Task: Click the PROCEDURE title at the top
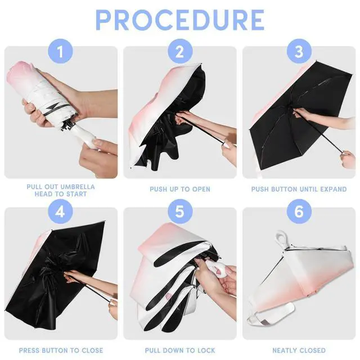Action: pos(180,20)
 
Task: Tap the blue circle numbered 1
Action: pos(60,51)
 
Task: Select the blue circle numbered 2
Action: pos(180,51)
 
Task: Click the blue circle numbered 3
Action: pos(299,51)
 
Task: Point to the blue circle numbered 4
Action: pos(60,211)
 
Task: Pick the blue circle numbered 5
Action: pos(180,211)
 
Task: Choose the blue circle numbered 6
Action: pos(299,211)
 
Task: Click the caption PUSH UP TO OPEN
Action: pos(180,189)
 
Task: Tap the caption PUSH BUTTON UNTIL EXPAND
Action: pos(299,189)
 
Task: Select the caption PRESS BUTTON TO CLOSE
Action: pos(61,350)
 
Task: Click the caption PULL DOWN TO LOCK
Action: pos(180,350)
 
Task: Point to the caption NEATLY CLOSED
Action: pos(299,350)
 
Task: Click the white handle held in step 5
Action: pos(217,269)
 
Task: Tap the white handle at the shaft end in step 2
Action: pos(227,145)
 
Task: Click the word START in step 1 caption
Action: pos(76,194)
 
